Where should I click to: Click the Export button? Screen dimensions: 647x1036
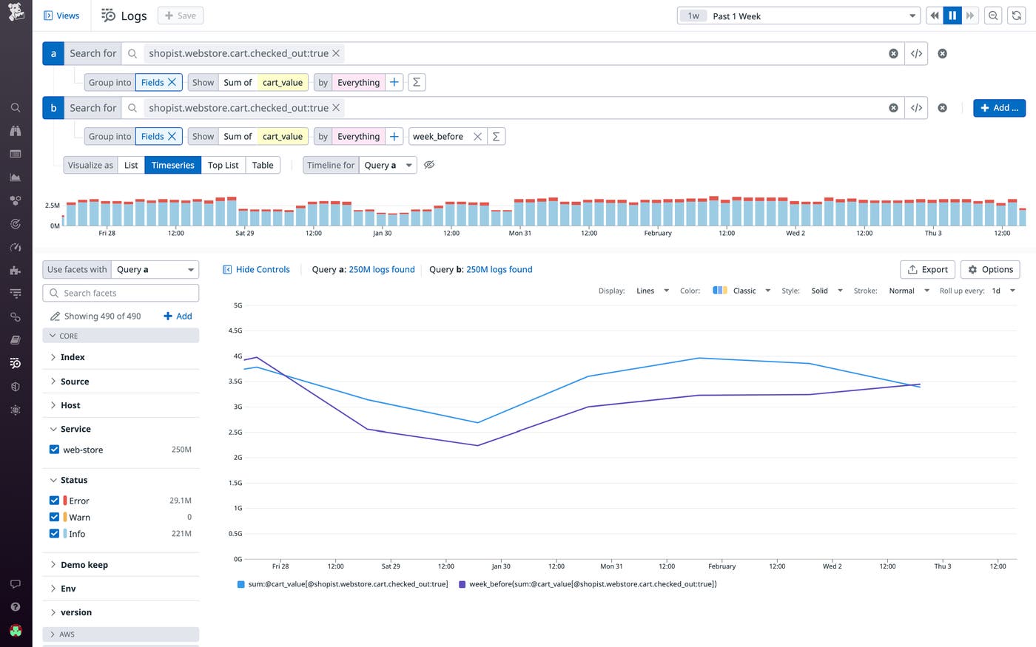tap(927, 269)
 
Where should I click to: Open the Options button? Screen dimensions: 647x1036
tap(990, 269)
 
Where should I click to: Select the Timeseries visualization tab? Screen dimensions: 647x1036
tap(172, 165)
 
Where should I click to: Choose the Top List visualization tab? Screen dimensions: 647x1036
tap(223, 165)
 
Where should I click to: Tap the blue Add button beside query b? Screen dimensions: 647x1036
tap(999, 108)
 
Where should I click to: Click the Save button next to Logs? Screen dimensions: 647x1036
tap(181, 16)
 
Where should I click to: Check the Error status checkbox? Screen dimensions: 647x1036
tap(54, 501)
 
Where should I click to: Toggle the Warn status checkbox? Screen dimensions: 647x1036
tap(54, 517)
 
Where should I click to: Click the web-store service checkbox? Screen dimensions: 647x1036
tap(54, 450)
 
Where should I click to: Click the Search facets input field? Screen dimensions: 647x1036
tap(121, 293)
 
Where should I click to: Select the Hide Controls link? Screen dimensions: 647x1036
tap(256, 269)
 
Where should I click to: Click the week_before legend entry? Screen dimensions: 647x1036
tap(588, 584)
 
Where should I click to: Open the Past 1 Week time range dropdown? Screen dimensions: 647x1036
tap(798, 16)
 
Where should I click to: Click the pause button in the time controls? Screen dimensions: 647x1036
tap(952, 16)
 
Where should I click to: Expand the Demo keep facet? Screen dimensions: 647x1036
tap(84, 565)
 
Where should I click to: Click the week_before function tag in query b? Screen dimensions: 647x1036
tap(438, 137)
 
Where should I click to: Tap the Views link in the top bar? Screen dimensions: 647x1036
tap(62, 16)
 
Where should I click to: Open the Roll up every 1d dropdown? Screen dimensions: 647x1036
tap(1003, 291)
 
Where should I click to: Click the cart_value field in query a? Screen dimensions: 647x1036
tap(283, 83)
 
